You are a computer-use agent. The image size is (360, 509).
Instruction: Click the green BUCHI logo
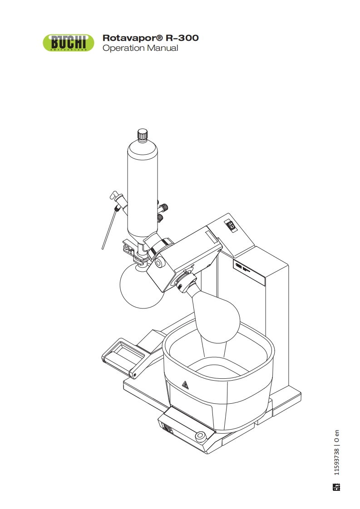click(69, 43)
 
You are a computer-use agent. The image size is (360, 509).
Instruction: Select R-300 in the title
click(182, 38)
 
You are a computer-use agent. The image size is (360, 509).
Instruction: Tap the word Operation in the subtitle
click(123, 49)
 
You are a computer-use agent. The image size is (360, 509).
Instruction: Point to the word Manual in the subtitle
click(163, 48)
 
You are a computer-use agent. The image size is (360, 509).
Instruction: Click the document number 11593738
click(336, 462)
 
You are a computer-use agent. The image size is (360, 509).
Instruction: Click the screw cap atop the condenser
click(142, 134)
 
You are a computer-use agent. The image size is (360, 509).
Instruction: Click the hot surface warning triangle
click(185, 384)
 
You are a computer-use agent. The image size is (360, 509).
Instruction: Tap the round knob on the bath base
click(200, 436)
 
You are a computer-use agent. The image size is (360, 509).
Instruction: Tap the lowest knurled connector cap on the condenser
click(162, 217)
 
